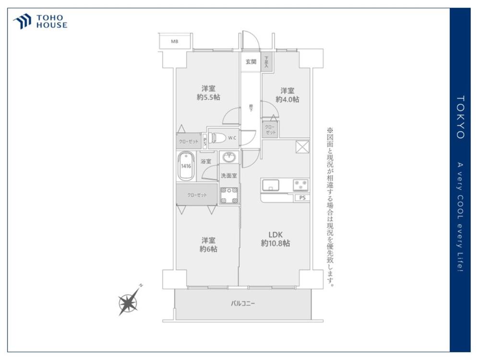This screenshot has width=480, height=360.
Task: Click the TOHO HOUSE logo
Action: [40, 22]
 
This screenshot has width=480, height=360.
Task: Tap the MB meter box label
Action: [175, 41]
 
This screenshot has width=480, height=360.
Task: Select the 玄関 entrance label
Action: [251, 61]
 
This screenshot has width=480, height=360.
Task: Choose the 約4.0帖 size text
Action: [288, 99]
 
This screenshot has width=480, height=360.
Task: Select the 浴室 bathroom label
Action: [206, 162]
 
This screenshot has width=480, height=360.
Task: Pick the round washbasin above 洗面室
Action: [228, 157]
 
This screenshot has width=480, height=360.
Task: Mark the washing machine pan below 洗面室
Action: [228, 193]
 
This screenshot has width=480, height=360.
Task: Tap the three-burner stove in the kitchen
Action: [301, 185]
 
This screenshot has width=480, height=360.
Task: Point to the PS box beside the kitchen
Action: [302, 198]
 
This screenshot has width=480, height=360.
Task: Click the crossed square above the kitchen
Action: [302, 147]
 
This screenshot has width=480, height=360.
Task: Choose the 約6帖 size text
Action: [208, 249]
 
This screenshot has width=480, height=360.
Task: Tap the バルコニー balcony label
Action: [243, 304]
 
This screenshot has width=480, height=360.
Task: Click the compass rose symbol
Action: [129, 303]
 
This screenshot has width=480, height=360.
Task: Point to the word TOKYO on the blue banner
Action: [460, 117]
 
